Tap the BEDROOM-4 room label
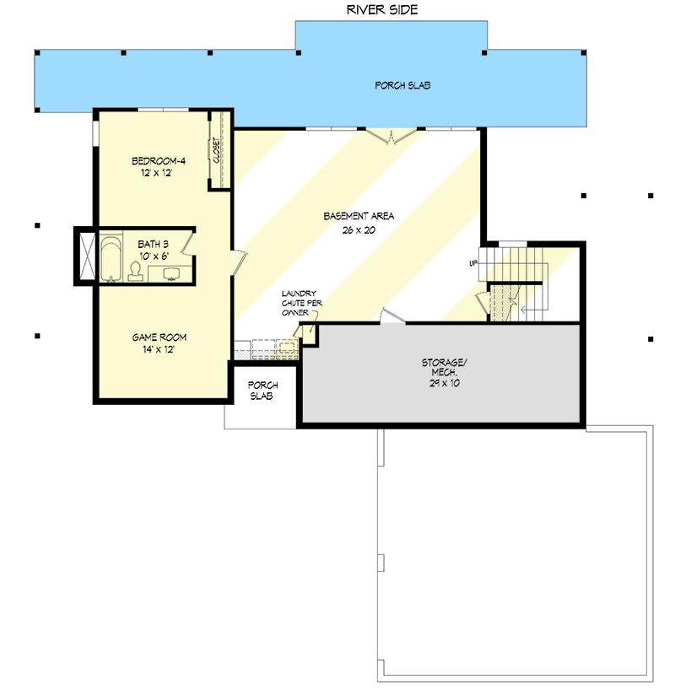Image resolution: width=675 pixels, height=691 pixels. click(159, 161)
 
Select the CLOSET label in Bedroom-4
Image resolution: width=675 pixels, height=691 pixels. click(217, 150)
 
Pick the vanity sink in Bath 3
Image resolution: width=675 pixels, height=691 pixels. click(172, 273)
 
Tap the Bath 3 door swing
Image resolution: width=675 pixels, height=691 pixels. click(188, 245)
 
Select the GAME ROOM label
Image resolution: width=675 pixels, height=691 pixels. click(159, 337)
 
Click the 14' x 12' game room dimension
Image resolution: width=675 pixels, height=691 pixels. click(159, 349)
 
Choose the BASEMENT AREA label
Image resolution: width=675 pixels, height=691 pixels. click(359, 216)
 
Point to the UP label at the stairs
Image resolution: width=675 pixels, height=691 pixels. click(473, 264)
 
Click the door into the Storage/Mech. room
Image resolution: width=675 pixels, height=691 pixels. click(391, 316)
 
